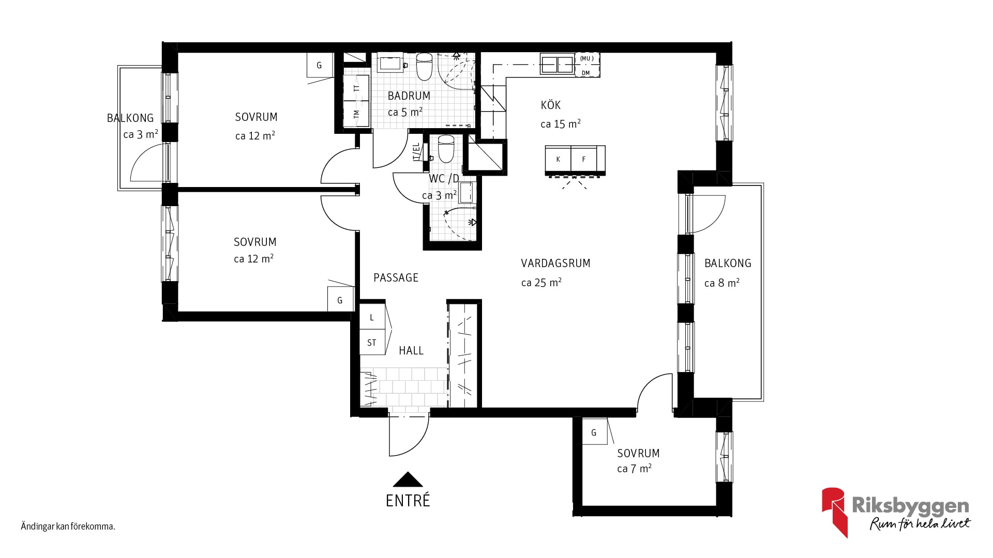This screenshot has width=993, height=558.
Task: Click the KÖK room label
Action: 550,105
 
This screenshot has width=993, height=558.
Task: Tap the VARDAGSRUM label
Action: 555,263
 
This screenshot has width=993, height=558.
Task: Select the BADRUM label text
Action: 409,96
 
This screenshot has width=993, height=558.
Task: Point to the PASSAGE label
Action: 396,277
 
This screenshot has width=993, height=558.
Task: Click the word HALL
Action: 411,350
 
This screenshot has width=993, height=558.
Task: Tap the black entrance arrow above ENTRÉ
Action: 408,479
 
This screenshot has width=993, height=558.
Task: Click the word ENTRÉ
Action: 408,501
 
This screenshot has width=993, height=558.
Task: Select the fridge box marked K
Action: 558,159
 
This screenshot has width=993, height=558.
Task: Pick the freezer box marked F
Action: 584,159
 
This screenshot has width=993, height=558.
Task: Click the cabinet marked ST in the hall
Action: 372,342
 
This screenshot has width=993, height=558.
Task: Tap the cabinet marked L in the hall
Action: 372,317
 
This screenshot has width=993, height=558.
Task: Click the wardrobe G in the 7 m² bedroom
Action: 594,432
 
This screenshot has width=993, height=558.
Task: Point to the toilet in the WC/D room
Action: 445,149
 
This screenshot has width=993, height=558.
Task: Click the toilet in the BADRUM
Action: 425,67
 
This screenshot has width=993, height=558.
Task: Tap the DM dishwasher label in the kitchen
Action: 585,73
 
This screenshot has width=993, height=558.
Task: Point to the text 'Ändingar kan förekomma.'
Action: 68,527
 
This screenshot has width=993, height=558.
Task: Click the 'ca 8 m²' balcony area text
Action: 722,283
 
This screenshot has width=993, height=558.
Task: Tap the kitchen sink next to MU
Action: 558,64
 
